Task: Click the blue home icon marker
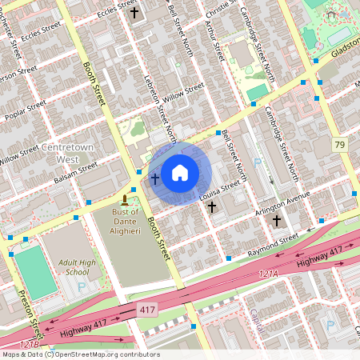pyautogui.click(x=180, y=171)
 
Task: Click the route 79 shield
pyautogui.click(x=340, y=145)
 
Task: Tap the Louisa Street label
pyautogui.click(x=220, y=190)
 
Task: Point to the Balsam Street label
pyautogui.click(x=74, y=171)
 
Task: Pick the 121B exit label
pyautogui.click(x=29, y=343)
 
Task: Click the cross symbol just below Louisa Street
pyautogui.click(x=212, y=207)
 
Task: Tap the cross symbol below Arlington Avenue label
pyautogui.click(x=277, y=220)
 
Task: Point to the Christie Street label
pyautogui.click(x=220, y=10)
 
